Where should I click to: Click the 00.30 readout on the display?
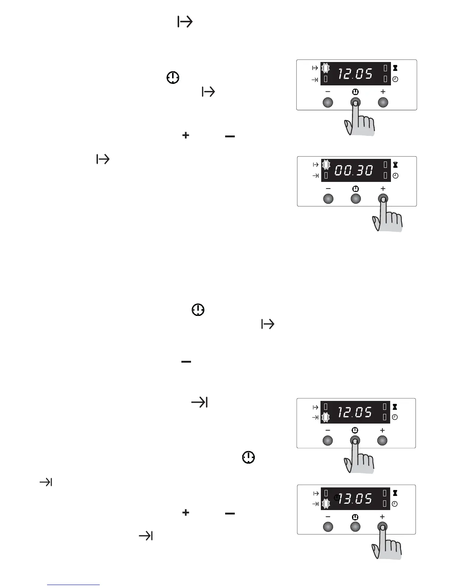click(354, 170)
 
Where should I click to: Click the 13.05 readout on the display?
click(355, 499)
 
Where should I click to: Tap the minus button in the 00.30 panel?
click(328, 199)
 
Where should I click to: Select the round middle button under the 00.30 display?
click(355, 199)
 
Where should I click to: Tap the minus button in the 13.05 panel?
click(328, 527)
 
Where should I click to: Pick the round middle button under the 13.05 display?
click(355, 527)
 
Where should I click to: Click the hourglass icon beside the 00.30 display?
click(395, 165)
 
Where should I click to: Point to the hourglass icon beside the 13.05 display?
click(395, 493)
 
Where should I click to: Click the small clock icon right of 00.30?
click(395, 176)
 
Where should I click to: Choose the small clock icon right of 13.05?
click(395, 504)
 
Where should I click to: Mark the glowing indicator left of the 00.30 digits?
click(325, 164)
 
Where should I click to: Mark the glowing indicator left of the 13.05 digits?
click(325, 504)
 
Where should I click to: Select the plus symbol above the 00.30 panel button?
click(383, 189)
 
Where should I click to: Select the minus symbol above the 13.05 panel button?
click(328, 517)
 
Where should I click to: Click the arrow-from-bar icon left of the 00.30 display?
click(315, 164)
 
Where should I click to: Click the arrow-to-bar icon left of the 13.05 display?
click(315, 504)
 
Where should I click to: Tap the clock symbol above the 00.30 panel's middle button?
click(355, 189)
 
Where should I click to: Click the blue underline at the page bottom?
click(73, 585)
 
